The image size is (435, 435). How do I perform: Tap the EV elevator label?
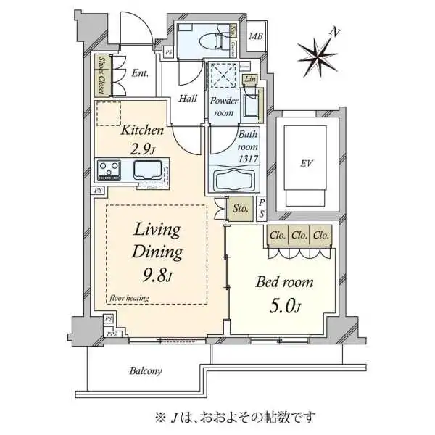307,163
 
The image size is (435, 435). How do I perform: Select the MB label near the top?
255,37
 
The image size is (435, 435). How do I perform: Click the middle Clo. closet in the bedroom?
299,236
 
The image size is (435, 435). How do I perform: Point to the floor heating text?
130,297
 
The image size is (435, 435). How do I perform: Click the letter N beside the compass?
334,31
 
